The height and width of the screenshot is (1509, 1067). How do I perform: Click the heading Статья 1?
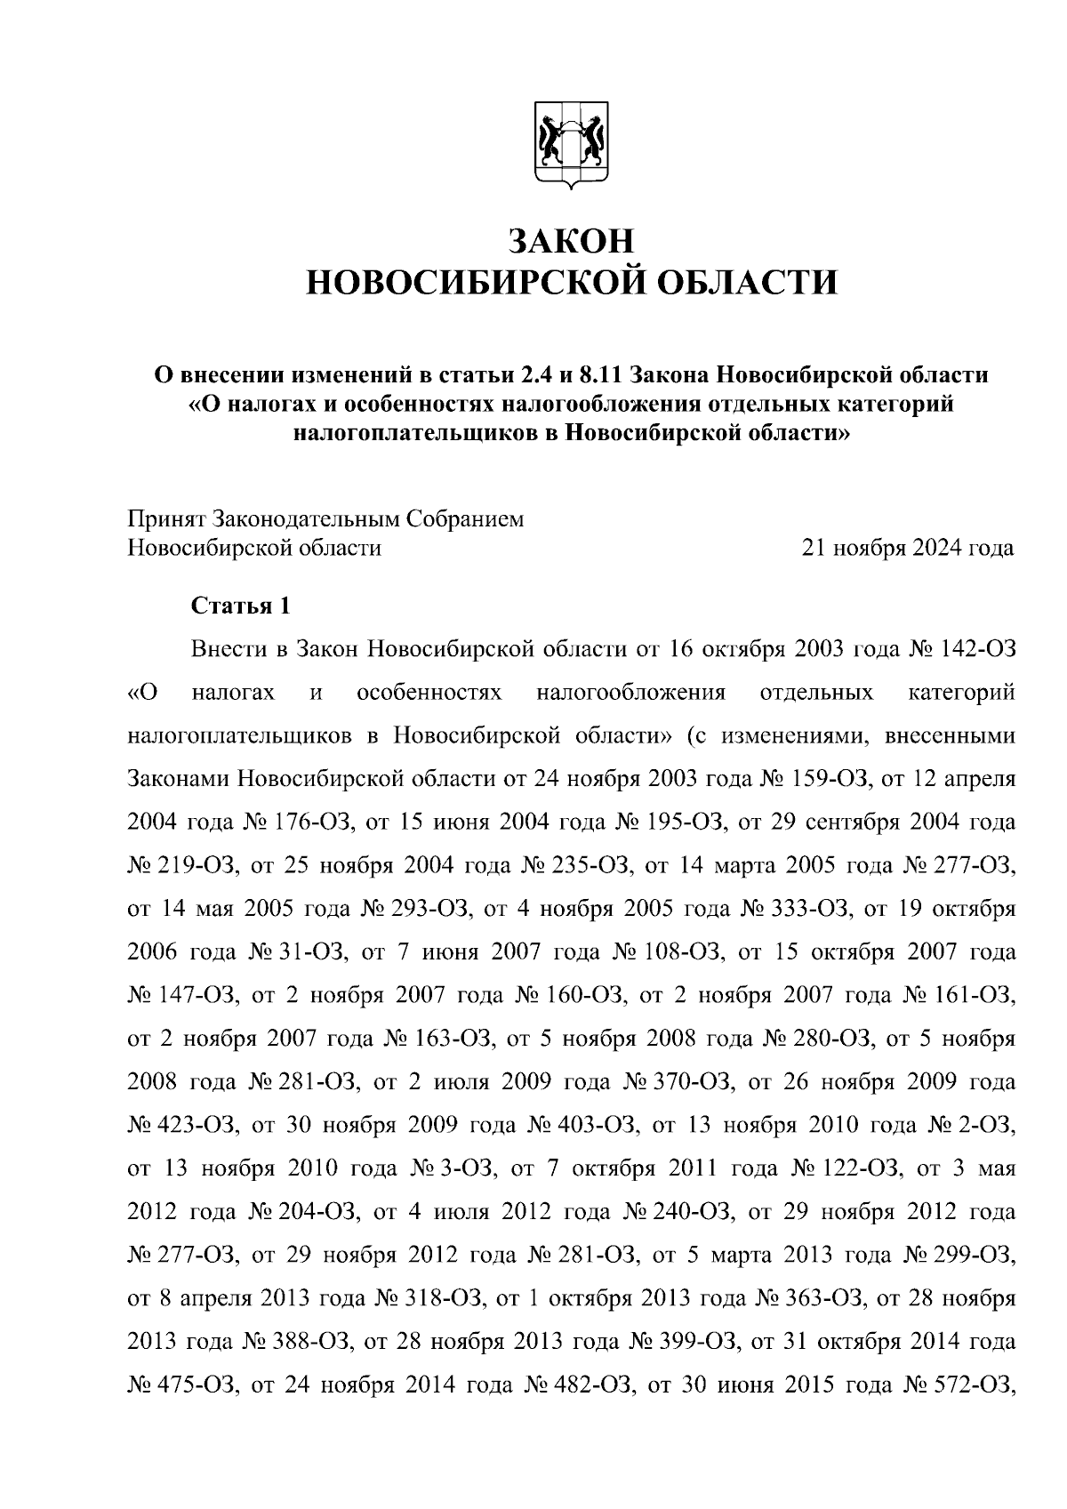240,606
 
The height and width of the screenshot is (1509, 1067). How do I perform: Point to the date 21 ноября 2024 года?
908,548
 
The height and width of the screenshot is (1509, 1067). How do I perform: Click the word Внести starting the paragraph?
229,649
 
